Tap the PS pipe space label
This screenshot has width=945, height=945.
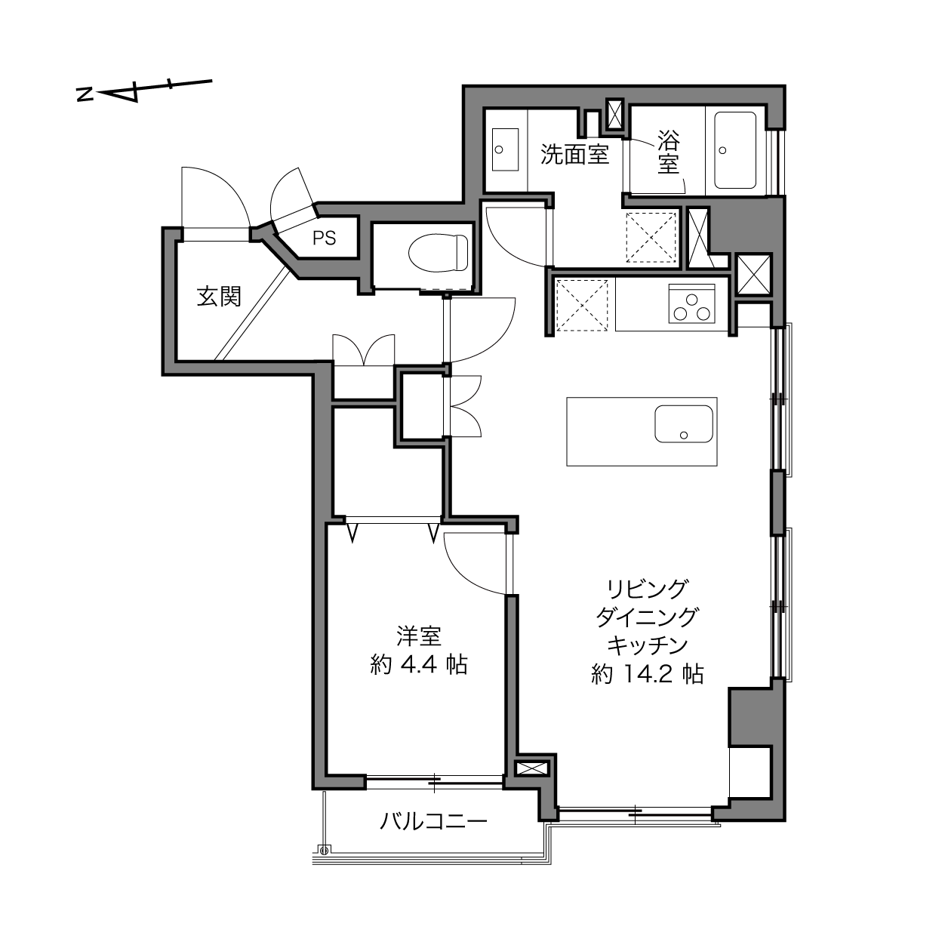pos(325,239)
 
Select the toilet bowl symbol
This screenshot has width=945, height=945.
pos(439,252)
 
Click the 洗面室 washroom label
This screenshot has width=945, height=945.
pos(574,155)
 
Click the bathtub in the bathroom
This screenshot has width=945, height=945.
pos(735,150)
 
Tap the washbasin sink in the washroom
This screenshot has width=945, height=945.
pos(505,149)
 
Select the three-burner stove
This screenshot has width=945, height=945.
pos(691,303)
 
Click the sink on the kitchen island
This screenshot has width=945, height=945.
pos(684,423)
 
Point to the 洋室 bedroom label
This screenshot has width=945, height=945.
pos(419,636)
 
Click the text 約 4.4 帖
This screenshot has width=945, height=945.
pos(419,665)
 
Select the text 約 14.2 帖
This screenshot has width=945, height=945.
pos(648,674)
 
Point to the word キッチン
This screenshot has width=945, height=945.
pos(648,646)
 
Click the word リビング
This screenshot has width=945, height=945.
pos(648,589)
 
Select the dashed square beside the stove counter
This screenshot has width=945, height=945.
pos(582,304)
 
